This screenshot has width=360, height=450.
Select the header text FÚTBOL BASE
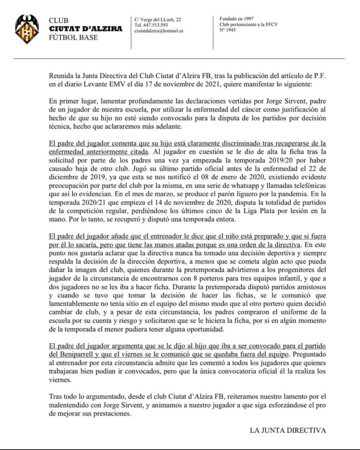(x=73, y=37)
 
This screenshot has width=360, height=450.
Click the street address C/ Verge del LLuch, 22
(x=158, y=19)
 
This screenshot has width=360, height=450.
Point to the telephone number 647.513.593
(x=154, y=25)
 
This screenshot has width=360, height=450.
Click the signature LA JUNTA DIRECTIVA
(x=288, y=430)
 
